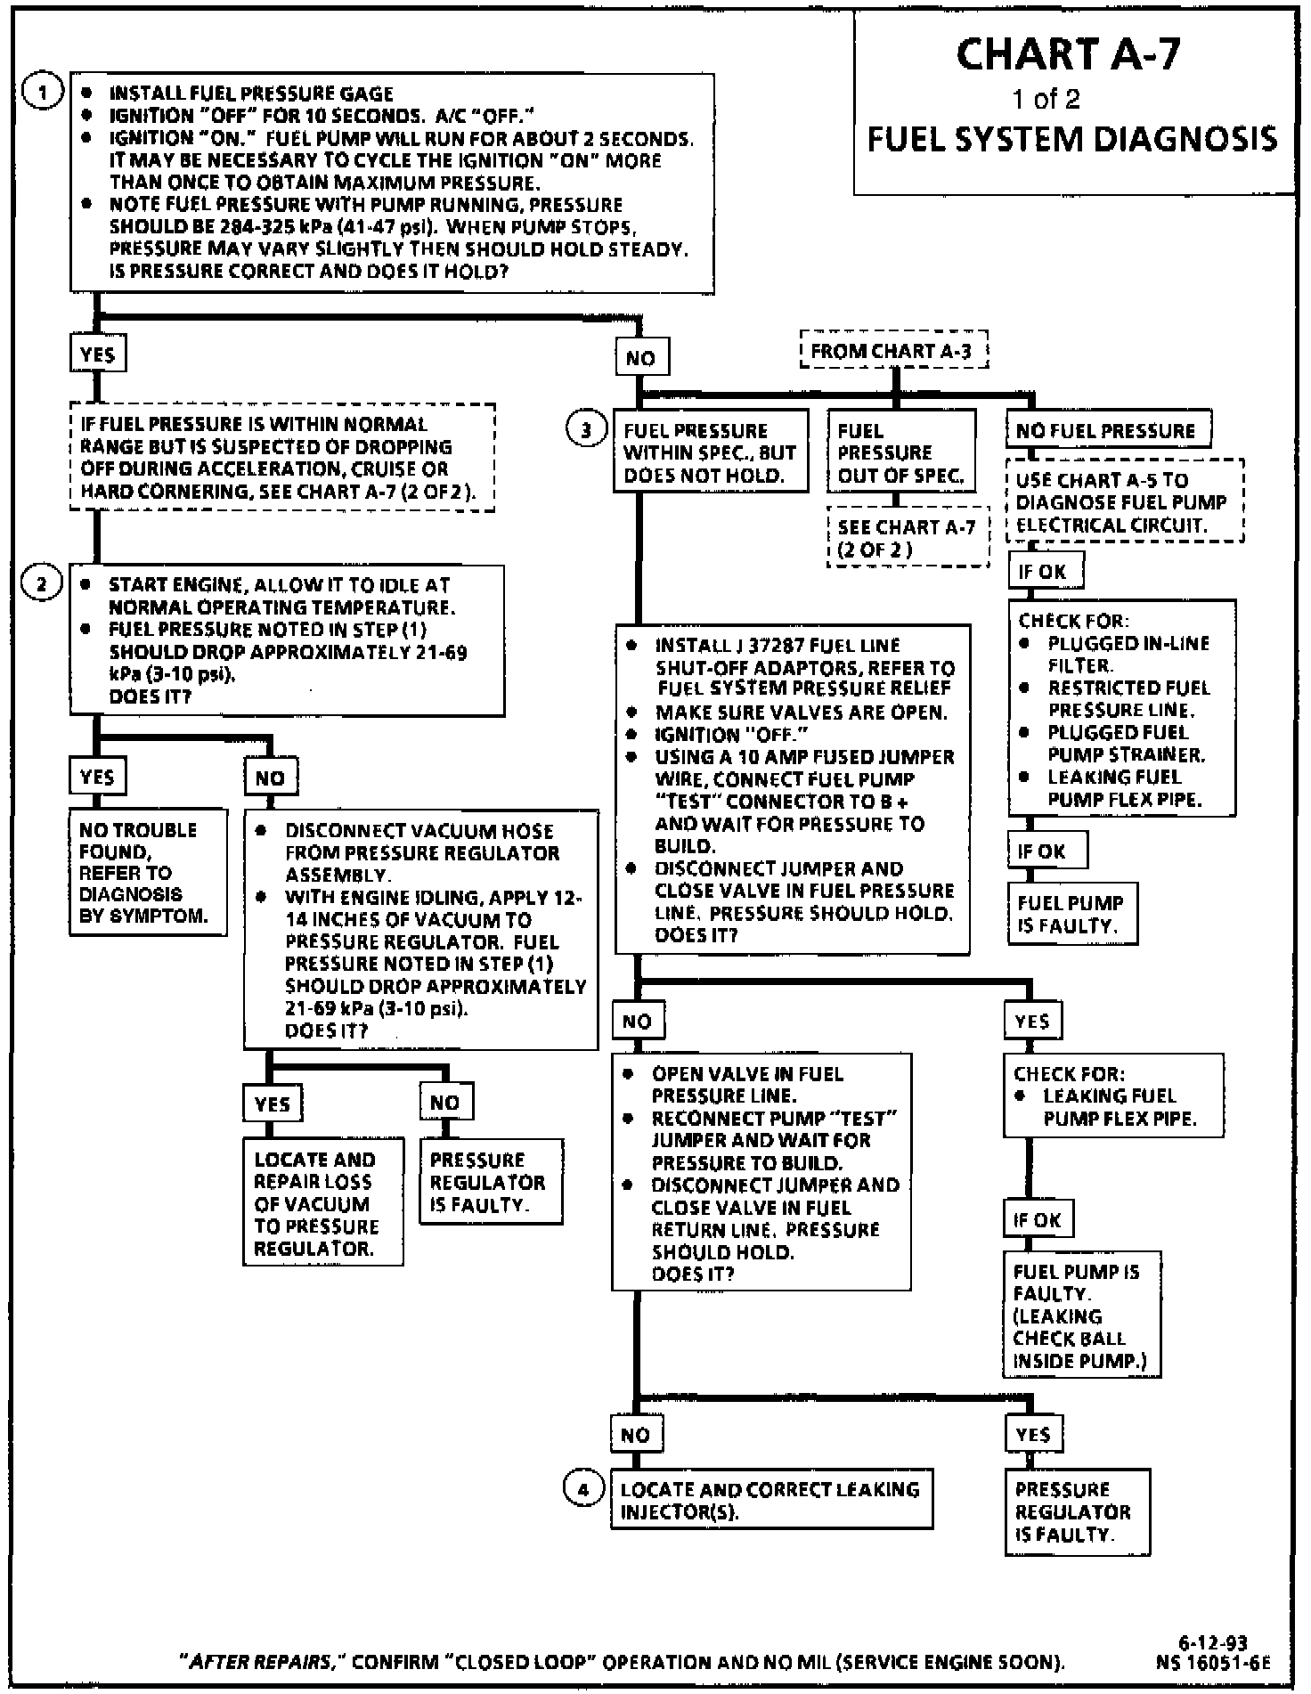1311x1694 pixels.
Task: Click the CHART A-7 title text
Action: [1068, 54]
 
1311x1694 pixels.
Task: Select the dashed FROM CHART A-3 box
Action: [894, 352]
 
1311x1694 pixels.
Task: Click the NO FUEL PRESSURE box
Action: [1107, 431]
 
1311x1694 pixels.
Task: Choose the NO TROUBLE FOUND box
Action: [147, 872]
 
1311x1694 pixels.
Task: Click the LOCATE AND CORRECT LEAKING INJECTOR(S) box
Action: [770, 1500]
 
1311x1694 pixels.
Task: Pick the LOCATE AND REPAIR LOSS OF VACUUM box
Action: [322, 1203]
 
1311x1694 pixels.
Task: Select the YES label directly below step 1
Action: [97, 354]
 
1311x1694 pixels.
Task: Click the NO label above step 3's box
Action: [640, 358]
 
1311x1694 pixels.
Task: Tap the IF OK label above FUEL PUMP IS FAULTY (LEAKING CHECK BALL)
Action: [1037, 1219]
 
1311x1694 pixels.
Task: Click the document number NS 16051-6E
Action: [1212, 1662]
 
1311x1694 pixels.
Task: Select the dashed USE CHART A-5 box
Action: [1124, 502]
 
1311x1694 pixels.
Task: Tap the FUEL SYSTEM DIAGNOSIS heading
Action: [1072, 140]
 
